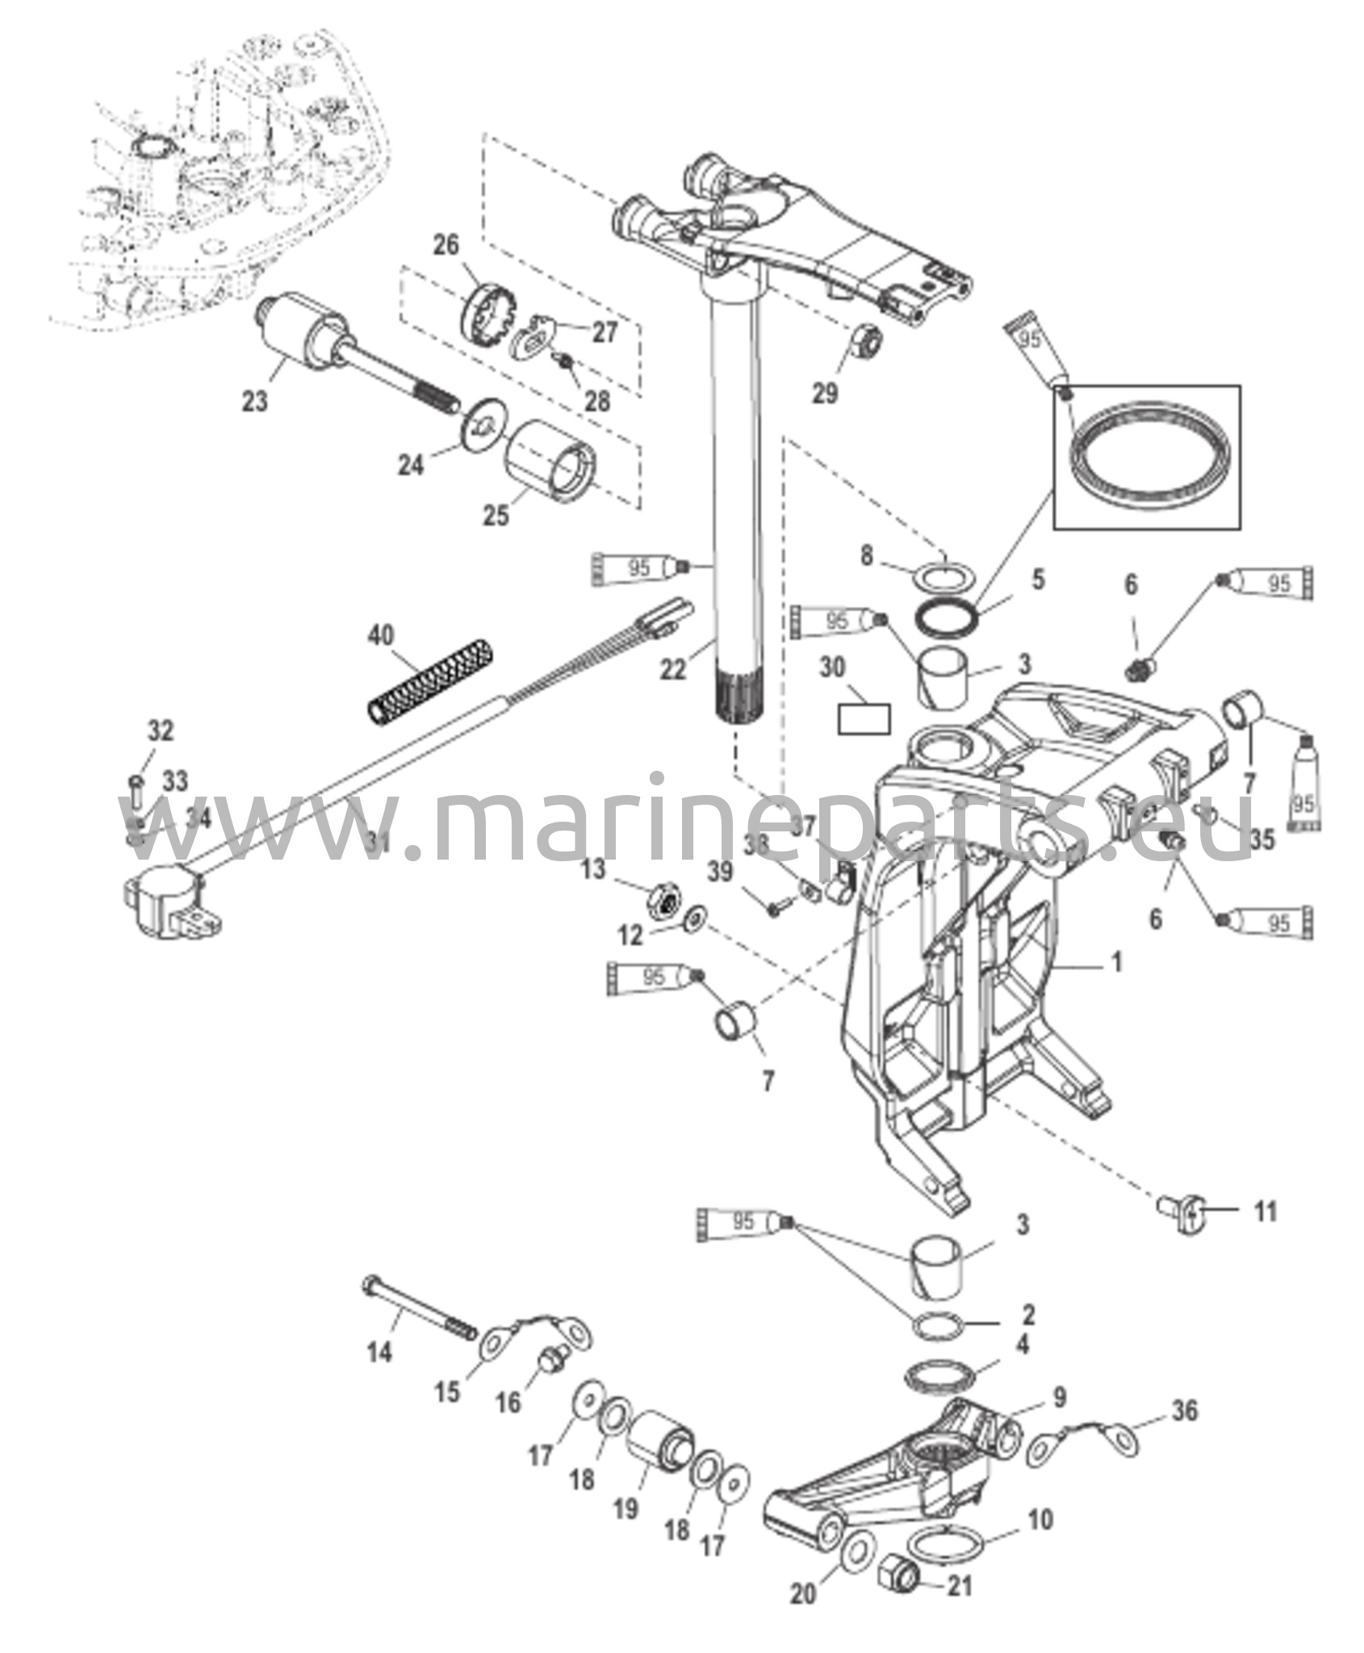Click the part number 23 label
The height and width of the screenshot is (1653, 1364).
pos(255,400)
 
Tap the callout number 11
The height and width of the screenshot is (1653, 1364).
pos(1266,1234)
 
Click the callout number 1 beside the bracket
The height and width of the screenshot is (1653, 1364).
pos(1117,963)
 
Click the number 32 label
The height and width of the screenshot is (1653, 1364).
pos(161,731)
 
